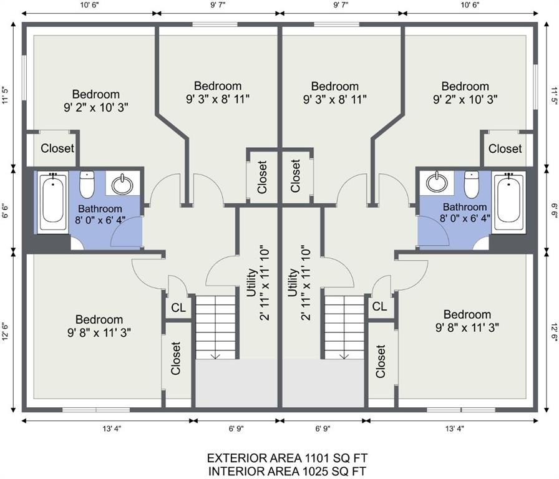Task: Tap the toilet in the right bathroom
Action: coord(472,185)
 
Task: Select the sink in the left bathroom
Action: coord(122,184)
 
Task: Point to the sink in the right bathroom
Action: coord(437,183)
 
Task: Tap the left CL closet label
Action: coord(178,307)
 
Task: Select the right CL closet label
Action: coord(379,306)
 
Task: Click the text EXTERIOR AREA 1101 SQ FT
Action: coord(287,458)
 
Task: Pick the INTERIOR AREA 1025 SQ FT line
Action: coord(287,471)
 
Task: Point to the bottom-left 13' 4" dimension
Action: coord(112,428)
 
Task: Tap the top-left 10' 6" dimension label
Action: coord(89,5)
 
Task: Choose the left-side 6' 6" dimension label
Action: coord(6,211)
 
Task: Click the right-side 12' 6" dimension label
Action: coord(553,332)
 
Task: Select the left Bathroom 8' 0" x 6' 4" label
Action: coord(100,214)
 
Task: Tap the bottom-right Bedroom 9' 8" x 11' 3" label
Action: coord(467,321)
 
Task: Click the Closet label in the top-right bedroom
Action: coord(505,148)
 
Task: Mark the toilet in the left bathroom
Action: coord(87,185)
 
